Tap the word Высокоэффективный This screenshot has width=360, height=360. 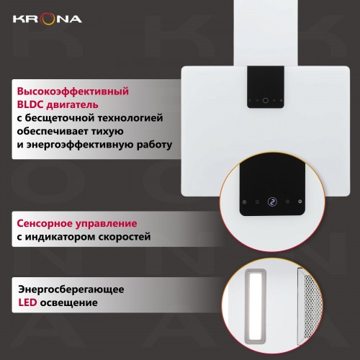[71, 92]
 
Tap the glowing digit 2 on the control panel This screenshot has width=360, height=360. [272, 202]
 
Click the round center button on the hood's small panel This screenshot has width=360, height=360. [266, 101]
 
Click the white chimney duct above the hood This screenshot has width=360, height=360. [266, 32]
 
